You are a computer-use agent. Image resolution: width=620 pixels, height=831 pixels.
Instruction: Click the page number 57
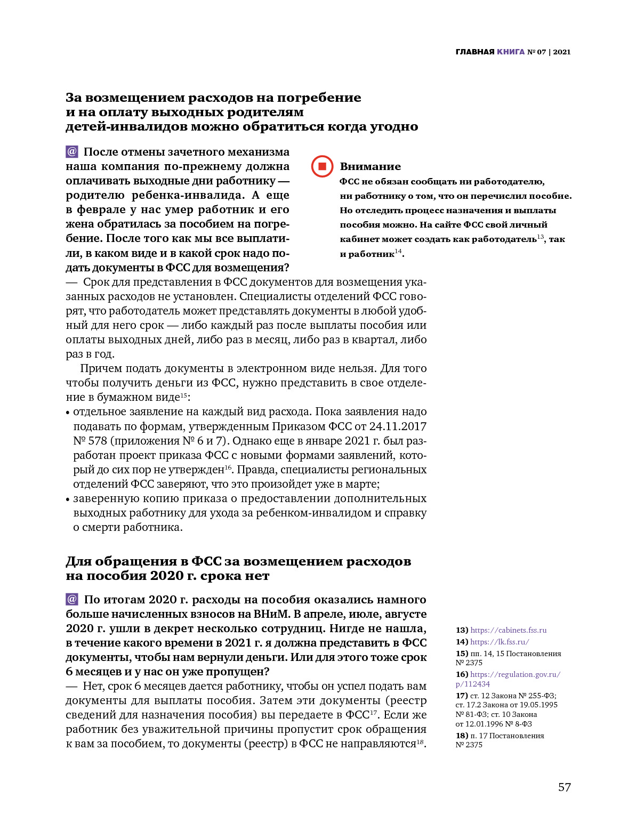pos(564,787)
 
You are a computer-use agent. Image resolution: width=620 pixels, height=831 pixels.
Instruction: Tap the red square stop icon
pos(322,166)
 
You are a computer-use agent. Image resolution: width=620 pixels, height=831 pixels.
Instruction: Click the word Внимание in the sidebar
pos(370,166)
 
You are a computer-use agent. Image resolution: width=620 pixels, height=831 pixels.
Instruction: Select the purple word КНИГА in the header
pos(510,52)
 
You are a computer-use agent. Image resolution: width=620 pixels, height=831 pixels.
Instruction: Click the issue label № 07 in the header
pos(537,52)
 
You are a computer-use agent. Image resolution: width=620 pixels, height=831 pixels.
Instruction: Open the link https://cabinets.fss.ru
pos(508,630)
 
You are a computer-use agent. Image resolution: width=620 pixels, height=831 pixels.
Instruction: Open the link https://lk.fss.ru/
pos(500,642)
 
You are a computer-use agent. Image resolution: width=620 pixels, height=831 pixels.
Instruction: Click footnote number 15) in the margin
pos(462,653)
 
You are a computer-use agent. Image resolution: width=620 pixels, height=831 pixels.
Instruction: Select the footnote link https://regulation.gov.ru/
pos(515,674)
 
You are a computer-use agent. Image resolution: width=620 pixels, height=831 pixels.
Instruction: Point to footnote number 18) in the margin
pos(462,736)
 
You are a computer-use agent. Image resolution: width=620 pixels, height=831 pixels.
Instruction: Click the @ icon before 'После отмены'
pos(72,152)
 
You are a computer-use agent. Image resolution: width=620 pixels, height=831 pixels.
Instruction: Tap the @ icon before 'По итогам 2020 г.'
pos(72,599)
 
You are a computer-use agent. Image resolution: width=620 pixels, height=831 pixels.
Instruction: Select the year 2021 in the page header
pos(561,52)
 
